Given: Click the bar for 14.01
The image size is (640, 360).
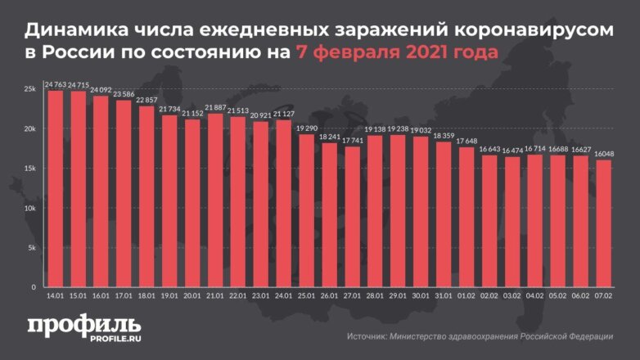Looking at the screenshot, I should pyautogui.click(x=56, y=188).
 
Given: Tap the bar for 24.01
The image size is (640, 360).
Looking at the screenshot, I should pyautogui.click(x=283, y=204).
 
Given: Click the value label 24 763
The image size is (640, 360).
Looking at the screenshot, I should pyautogui.click(x=56, y=84).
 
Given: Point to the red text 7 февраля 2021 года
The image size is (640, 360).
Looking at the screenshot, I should pyautogui.click(x=387, y=55).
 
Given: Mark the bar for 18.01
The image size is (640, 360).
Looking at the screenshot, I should pyautogui.click(x=146, y=196).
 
